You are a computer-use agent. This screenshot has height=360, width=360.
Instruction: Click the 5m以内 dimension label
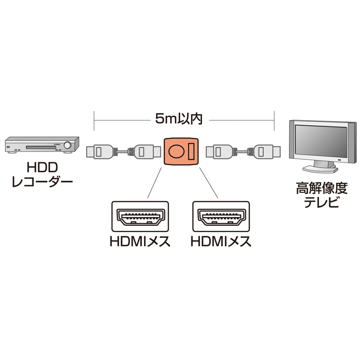(178, 119)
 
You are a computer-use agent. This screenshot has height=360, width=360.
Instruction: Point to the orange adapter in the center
(181, 151)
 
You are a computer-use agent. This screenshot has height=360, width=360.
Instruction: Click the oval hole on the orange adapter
(176, 151)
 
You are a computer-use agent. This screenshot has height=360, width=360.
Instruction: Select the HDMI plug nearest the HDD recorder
(98, 151)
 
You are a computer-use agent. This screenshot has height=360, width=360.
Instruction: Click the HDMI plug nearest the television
(265, 151)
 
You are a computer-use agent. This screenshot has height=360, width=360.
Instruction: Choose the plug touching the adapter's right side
(219, 151)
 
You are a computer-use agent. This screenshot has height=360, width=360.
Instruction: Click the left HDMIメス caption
(139, 242)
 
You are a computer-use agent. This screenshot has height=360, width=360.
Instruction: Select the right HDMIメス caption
(221, 242)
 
